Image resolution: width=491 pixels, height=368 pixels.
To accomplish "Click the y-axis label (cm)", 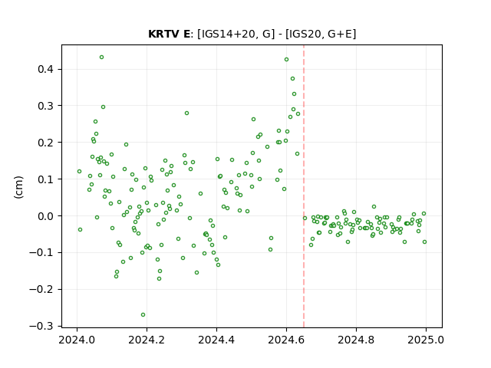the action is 18,187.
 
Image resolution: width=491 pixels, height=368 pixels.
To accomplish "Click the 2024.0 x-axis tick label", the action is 77,340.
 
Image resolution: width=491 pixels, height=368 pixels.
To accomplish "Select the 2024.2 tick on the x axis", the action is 147,340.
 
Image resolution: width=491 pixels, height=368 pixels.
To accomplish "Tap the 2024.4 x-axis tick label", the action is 216,340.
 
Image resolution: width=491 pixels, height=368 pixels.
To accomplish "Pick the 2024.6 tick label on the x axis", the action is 286,340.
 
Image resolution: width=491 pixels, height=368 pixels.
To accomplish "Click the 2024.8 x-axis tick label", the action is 356,340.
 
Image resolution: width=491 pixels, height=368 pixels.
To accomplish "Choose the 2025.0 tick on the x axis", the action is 426,340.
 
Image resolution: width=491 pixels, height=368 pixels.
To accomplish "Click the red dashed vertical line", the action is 304,186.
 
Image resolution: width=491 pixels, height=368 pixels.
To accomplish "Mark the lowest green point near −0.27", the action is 143,315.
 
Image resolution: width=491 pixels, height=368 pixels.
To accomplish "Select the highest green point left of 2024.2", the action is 101,58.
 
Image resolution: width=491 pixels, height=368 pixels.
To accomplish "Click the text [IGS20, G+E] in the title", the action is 321,34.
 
